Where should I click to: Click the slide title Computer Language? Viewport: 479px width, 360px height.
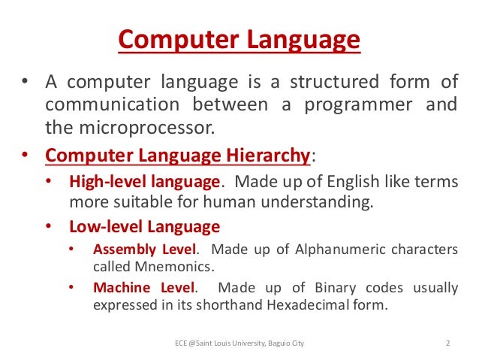[x=239, y=39]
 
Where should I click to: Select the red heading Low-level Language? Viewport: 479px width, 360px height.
[x=144, y=226]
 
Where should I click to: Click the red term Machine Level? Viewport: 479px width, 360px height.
[x=143, y=287]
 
